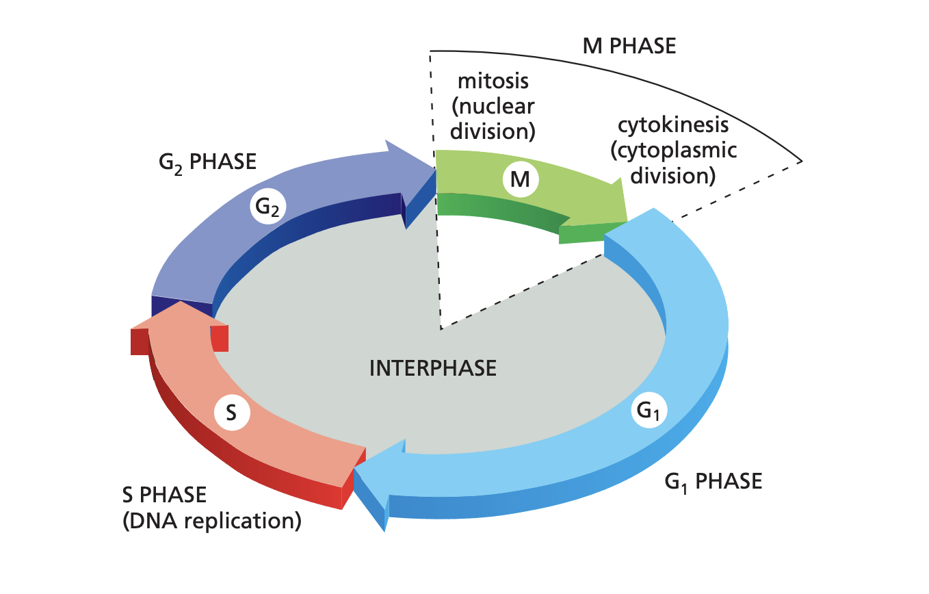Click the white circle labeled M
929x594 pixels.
coord(521,180)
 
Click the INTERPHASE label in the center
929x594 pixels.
coord(432,368)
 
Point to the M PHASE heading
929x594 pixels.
coord(629,46)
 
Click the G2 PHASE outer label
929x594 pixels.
coord(205,163)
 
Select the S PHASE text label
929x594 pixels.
coord(164,493)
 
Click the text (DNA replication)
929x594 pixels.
coord(211,521)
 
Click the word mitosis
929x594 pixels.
coord(493,81)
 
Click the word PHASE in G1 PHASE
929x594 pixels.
coord(728,481)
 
